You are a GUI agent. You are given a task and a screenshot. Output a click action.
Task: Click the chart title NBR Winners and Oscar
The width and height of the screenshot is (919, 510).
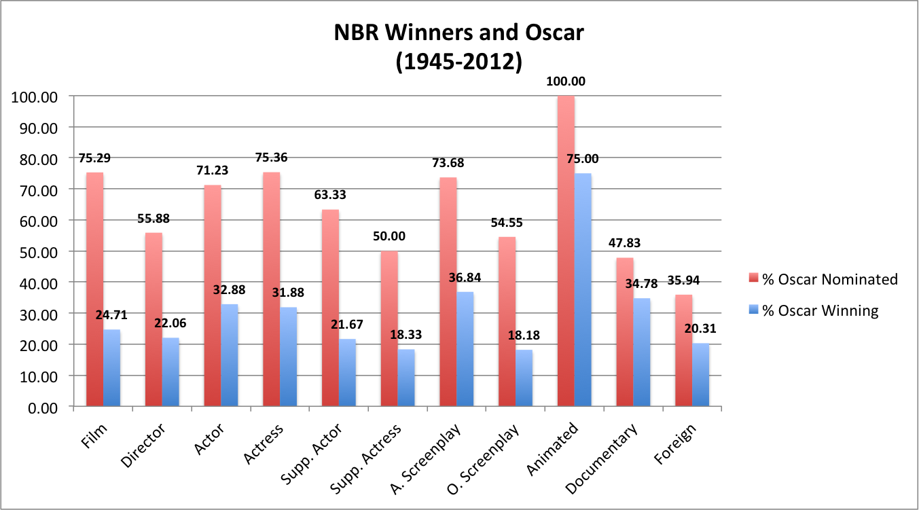tap(458, 33)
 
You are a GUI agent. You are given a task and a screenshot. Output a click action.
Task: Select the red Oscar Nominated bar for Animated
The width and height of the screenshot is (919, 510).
tap(565, 251)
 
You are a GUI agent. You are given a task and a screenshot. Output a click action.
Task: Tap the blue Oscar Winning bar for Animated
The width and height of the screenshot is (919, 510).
tap(582, 290)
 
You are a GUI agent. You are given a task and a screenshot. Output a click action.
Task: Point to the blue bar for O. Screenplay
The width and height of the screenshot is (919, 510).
tap(524, 378)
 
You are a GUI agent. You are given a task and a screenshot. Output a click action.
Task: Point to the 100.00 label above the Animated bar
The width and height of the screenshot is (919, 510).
tap(565, 81)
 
